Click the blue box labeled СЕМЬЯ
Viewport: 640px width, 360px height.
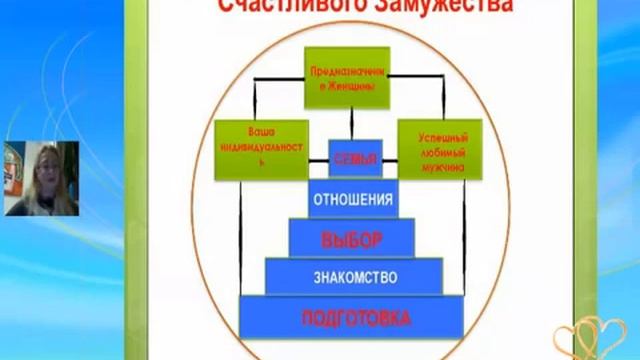356,158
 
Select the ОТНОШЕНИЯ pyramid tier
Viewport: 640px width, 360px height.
352,197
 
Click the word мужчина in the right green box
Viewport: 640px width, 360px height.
440,169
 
